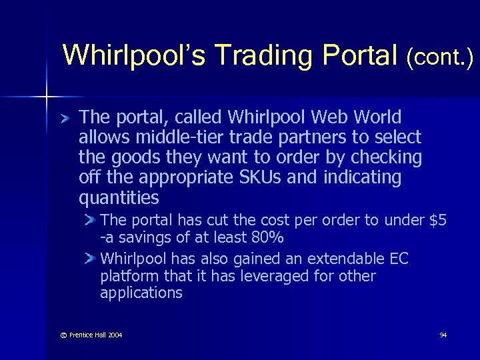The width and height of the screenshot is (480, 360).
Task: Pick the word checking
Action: [389, 158]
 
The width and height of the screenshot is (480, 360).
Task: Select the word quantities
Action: [119, 198]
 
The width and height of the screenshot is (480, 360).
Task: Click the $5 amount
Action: [437, 221]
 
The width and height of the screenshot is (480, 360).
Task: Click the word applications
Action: [141, 293]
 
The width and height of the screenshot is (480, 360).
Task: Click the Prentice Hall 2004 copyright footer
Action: [83, 335]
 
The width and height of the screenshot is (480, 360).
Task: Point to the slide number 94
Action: [443, 335]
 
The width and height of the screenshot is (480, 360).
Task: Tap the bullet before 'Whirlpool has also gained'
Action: [91, 259]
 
